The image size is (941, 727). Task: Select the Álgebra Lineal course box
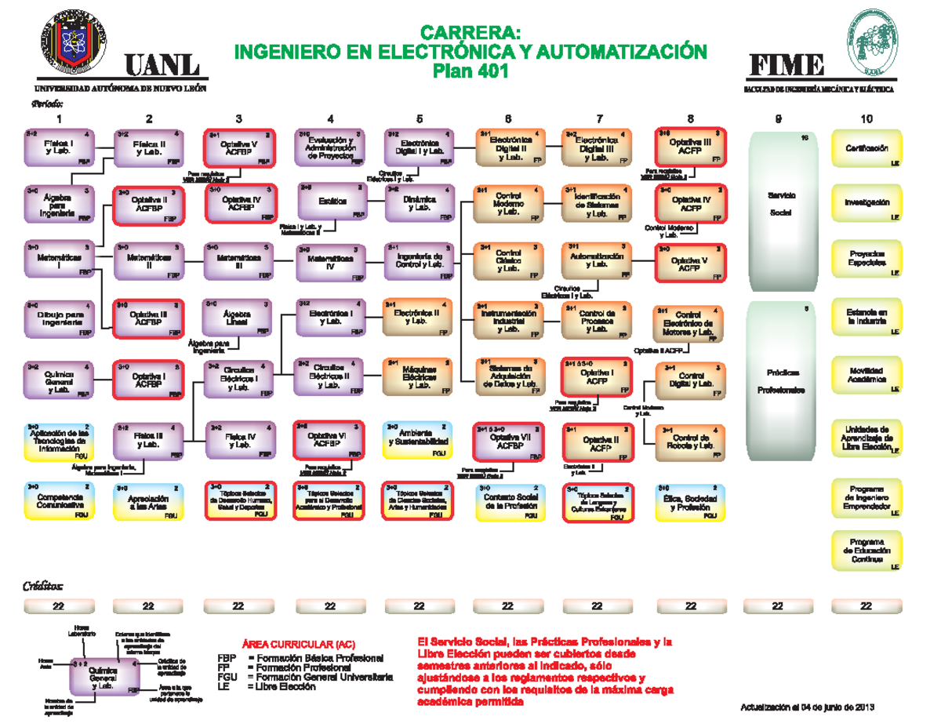pos(238,318)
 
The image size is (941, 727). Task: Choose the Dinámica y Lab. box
pos(420,203)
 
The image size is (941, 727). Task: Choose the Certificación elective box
pos(867,149)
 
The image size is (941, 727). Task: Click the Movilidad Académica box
pos(867,375)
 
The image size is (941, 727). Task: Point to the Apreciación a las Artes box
pos(149,502)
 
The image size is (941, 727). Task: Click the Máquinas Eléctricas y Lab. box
pos(420,376)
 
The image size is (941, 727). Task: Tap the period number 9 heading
pos(779,119)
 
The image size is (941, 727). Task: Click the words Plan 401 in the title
pos(471,71)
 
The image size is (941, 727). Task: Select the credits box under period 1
pos(59,606)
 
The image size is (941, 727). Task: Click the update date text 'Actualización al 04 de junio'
pos(807,708)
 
